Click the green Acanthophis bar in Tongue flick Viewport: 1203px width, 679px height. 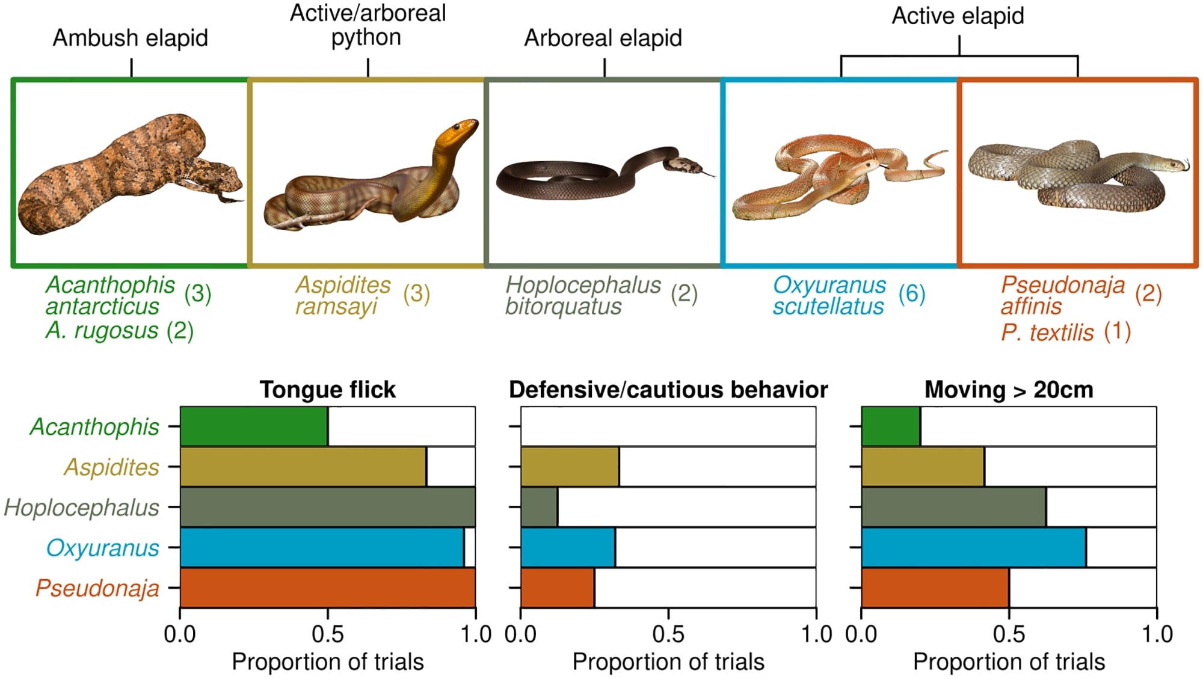click(x=254, y=426)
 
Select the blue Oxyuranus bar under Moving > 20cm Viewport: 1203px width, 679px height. click(x=973, y=547)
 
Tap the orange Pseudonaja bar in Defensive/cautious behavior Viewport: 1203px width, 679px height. click(x=557, y=588)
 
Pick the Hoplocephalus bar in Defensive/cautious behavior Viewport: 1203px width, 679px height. click(x=539, y=507)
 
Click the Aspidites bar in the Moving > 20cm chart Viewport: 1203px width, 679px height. click(x=923, y=466)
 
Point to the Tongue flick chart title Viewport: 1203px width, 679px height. click(x=328, y=390)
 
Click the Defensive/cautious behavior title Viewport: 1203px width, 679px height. click(x=668, y=390)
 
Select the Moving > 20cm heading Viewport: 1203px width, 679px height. click(x=1009, y=390)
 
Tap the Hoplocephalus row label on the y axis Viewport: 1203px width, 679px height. click(x=82, y=507)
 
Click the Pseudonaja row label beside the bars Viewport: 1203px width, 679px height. click(x=97, y=588)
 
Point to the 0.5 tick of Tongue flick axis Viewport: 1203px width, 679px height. click(x=328, y=633)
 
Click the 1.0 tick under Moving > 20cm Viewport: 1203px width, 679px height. click(x=1157, y=633)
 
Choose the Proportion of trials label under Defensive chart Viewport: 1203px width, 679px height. click(x=668, y=662)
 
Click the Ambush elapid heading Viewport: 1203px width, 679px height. click(x=131, y=38)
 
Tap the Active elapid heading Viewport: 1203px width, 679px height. click(x=958, y=16)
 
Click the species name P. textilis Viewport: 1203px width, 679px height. click(x=1047, y=332)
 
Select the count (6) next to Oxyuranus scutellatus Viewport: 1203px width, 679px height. click(x=911, y=293)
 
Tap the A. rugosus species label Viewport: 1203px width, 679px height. click(x=102, y=330)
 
